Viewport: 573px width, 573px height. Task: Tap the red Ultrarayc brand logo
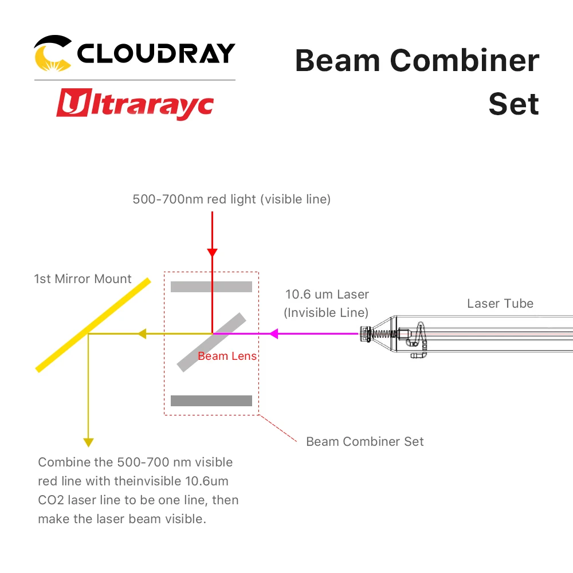135,106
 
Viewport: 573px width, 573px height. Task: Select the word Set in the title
513,104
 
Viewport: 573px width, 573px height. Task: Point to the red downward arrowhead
212,252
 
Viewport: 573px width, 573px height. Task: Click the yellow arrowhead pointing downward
88,441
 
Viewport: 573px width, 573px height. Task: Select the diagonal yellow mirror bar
93,325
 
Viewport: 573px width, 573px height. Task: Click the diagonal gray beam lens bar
211,342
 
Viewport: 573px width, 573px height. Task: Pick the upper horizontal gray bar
211,286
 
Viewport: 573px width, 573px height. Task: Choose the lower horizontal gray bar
211,401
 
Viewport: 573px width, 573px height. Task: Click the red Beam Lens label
227,356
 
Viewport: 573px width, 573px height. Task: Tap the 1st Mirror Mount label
83,279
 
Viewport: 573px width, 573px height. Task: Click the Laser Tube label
500,304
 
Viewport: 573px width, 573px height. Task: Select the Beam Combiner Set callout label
365,441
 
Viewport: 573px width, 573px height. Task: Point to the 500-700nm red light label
231,199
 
